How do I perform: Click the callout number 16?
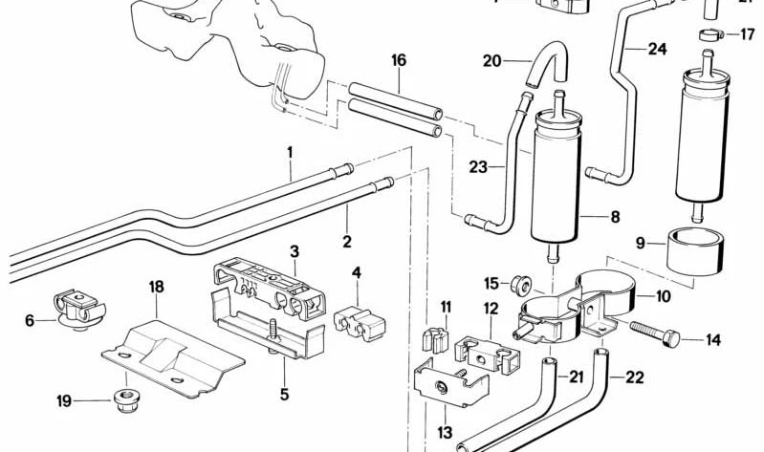tap(399, 60)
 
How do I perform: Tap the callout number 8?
tap(614, 217)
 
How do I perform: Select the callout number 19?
tap(64, 401)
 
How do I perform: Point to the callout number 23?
tap(478, 167)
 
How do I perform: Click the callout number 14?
tap(713, 339)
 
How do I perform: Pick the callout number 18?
tap(157, 286)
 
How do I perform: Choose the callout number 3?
tap(295, 251)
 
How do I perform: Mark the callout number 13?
tap(445, 433)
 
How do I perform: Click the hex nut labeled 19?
tap(123, 400)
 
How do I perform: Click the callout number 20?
tap(491, 61)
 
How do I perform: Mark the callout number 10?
tap(662, 297)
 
